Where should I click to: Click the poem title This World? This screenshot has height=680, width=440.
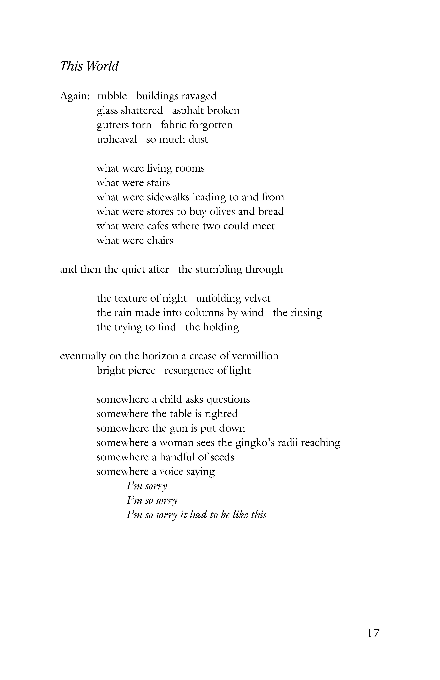point(89,66)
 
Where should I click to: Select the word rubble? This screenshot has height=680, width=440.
point(112,96)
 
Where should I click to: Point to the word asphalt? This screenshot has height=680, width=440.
point(187,111)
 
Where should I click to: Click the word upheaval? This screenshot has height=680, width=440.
point(117,139)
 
